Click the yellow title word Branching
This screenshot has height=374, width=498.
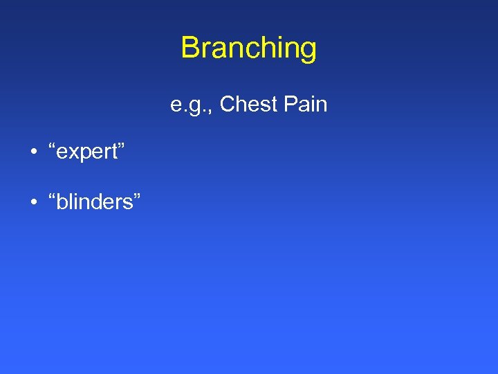click(x=248, y=48)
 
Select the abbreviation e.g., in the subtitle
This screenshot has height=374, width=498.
click(x=192, y=105)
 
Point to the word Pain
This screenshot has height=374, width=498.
click(x=304, y=105)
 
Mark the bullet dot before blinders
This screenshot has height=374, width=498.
click(x=33, y=202)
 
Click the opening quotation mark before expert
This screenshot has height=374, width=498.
click(x=53, y=148)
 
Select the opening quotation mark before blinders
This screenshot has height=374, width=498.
click(x=53, y=197)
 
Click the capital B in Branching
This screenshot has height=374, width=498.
click(x=190, y=48)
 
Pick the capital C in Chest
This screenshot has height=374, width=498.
click(x=228, y=105)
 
